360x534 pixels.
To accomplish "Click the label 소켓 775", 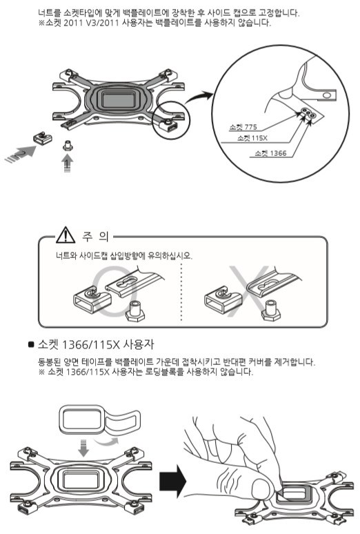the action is (243, 127).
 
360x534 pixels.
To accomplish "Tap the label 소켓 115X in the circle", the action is (252, 138).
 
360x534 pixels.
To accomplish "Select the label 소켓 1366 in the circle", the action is (270, 153).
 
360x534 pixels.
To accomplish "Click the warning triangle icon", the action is (66, 235).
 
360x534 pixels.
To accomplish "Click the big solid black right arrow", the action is (172, 481).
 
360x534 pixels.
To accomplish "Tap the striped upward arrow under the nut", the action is (68, 164).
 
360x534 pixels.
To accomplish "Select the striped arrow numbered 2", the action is (21, 154).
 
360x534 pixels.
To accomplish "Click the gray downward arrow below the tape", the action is (83, 448).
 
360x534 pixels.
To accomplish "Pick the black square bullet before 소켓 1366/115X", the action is (31, 345).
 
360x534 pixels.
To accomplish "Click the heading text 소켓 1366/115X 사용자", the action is (96, 344).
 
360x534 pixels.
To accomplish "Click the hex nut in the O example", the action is (136, 312).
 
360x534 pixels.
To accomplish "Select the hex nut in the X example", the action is (271, 310).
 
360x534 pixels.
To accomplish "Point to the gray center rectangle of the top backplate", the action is (119, 99).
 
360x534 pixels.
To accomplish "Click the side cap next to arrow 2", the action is (42, 138).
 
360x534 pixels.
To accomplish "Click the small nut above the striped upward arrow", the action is (68, 146).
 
